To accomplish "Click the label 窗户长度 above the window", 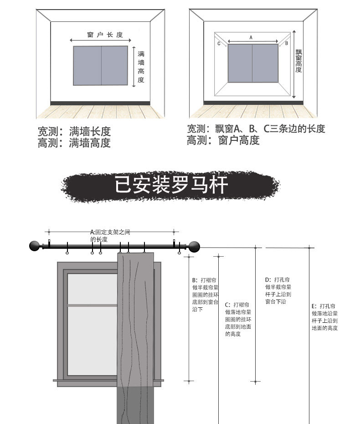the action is (105, 35).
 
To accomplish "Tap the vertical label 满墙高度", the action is (141, 67).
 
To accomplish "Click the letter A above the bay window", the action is (251, 38).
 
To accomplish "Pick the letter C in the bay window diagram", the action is (219, 44).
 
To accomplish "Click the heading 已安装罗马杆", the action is (171, 186).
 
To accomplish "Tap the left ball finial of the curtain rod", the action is (35, 246).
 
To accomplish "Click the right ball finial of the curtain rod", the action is (195, 247).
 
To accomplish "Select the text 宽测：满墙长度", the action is (74, 132).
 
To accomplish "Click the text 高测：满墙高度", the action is (74, 143).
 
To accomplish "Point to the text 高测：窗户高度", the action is (223, 141).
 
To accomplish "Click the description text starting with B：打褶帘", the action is (206, 295).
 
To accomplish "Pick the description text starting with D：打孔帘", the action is (278, 290).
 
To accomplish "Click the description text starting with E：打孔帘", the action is (324, 317).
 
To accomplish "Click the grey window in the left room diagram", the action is (100, 66).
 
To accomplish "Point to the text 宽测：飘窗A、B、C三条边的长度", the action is (256, 129).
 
